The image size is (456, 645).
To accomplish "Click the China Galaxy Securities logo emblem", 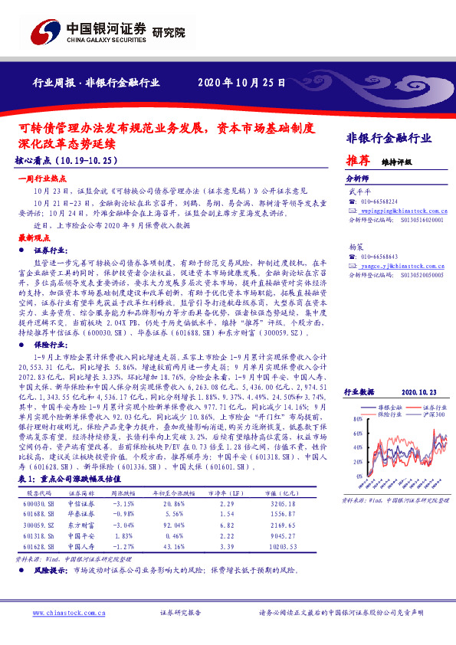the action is tap(44, 31).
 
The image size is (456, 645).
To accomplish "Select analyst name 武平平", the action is tap(359, 192).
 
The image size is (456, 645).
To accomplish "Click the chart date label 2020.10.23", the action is tap(418, 391).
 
